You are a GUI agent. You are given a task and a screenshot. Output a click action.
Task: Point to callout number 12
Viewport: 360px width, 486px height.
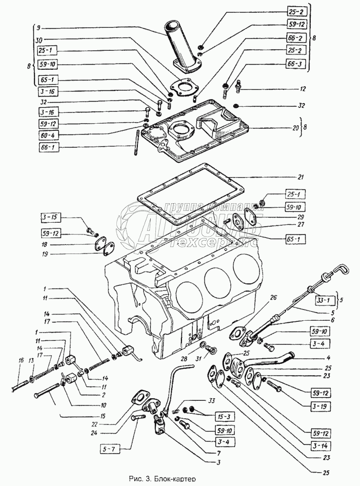point(304,89)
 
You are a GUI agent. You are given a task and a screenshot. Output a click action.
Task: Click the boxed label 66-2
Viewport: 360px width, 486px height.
point(296,38)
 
